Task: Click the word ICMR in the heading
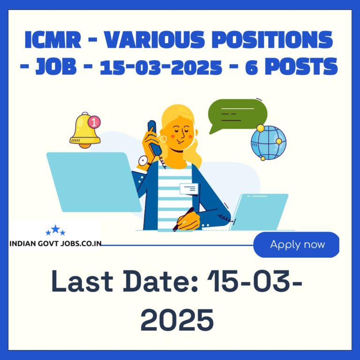click(x=53, y=40)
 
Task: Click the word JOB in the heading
click(x=56, y=67)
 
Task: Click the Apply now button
click(x=296, y=245)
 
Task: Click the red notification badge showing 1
click(x=94, y=122)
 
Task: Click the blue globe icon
click(x=269, y=142)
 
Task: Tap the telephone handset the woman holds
click(x=154, y=137)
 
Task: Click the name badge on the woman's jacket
click(x=189, y=189)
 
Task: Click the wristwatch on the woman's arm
click(x=144, y=161)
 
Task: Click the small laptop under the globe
click(x=259, y=212)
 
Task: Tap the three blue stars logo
click(x=56, y=230)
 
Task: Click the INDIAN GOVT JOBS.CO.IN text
click(x=55, y=244)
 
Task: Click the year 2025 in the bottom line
click(x=177, y=320)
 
